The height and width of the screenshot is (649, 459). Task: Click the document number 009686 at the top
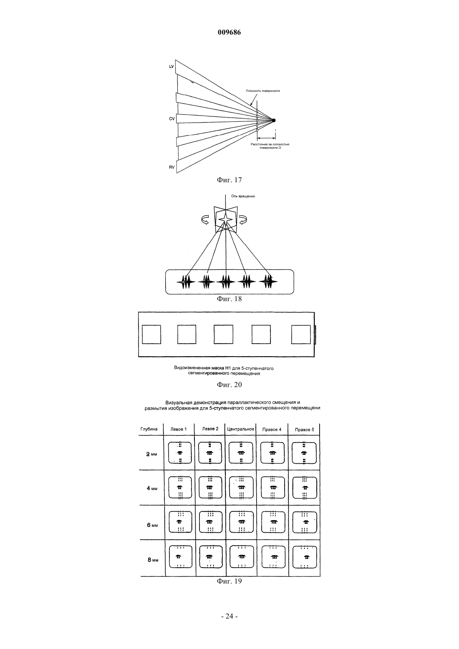[229, 33]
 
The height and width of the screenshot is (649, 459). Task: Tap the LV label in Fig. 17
[171, 67]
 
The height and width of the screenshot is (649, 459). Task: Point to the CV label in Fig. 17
[171, 119]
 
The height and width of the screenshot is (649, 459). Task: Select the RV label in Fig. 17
[171, 167]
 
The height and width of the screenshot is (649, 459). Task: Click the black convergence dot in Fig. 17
[273, 120]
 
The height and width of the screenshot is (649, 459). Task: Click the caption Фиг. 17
[229, 180]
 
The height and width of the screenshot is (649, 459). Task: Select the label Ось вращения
[243, 196]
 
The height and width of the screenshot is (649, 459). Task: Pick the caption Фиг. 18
[229, 299]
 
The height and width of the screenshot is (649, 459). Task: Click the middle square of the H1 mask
[223, 335]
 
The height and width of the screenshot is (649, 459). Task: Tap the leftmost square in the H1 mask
[151, 335]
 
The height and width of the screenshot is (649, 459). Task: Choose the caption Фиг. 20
[229, 385]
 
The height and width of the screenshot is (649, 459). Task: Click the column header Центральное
[241, 429]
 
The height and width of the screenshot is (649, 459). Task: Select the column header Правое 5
[304, 429]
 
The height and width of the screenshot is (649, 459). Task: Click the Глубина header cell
[149, 429]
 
